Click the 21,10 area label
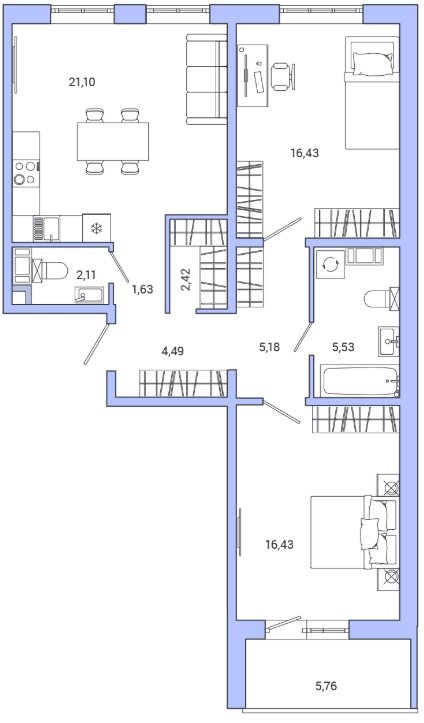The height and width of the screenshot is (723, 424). [x=82, y=83]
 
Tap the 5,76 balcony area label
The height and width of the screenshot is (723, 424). [x=326, y=686]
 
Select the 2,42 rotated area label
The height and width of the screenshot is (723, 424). [x=187, y=279]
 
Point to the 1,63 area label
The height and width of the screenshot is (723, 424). [x=142, y=290]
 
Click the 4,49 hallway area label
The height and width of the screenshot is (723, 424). [x=172, y=351]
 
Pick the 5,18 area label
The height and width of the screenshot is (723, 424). [x=269, y=347]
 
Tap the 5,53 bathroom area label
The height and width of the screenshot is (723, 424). [x=343, y=347]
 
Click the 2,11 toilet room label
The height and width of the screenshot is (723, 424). [x=86, y=275]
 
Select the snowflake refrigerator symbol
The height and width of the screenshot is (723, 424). [x=96, y=228]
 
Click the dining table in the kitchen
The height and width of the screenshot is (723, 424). [x=113, y=141]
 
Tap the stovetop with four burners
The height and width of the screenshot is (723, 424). [x=25, y=172]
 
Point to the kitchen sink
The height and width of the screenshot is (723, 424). [x=46, y=229]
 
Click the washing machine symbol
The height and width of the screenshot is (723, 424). [x=330, y=265]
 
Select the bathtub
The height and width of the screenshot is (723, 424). [x=360, y=381]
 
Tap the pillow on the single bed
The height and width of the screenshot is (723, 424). [x=372, y=63]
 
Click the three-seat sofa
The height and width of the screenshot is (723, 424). [x=207, y=79]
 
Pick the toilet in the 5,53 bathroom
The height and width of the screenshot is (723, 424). [x=382, y=299]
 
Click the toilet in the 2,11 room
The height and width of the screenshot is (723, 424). [x=48, y=270]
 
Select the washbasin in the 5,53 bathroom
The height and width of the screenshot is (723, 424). [x=389, y=341]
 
